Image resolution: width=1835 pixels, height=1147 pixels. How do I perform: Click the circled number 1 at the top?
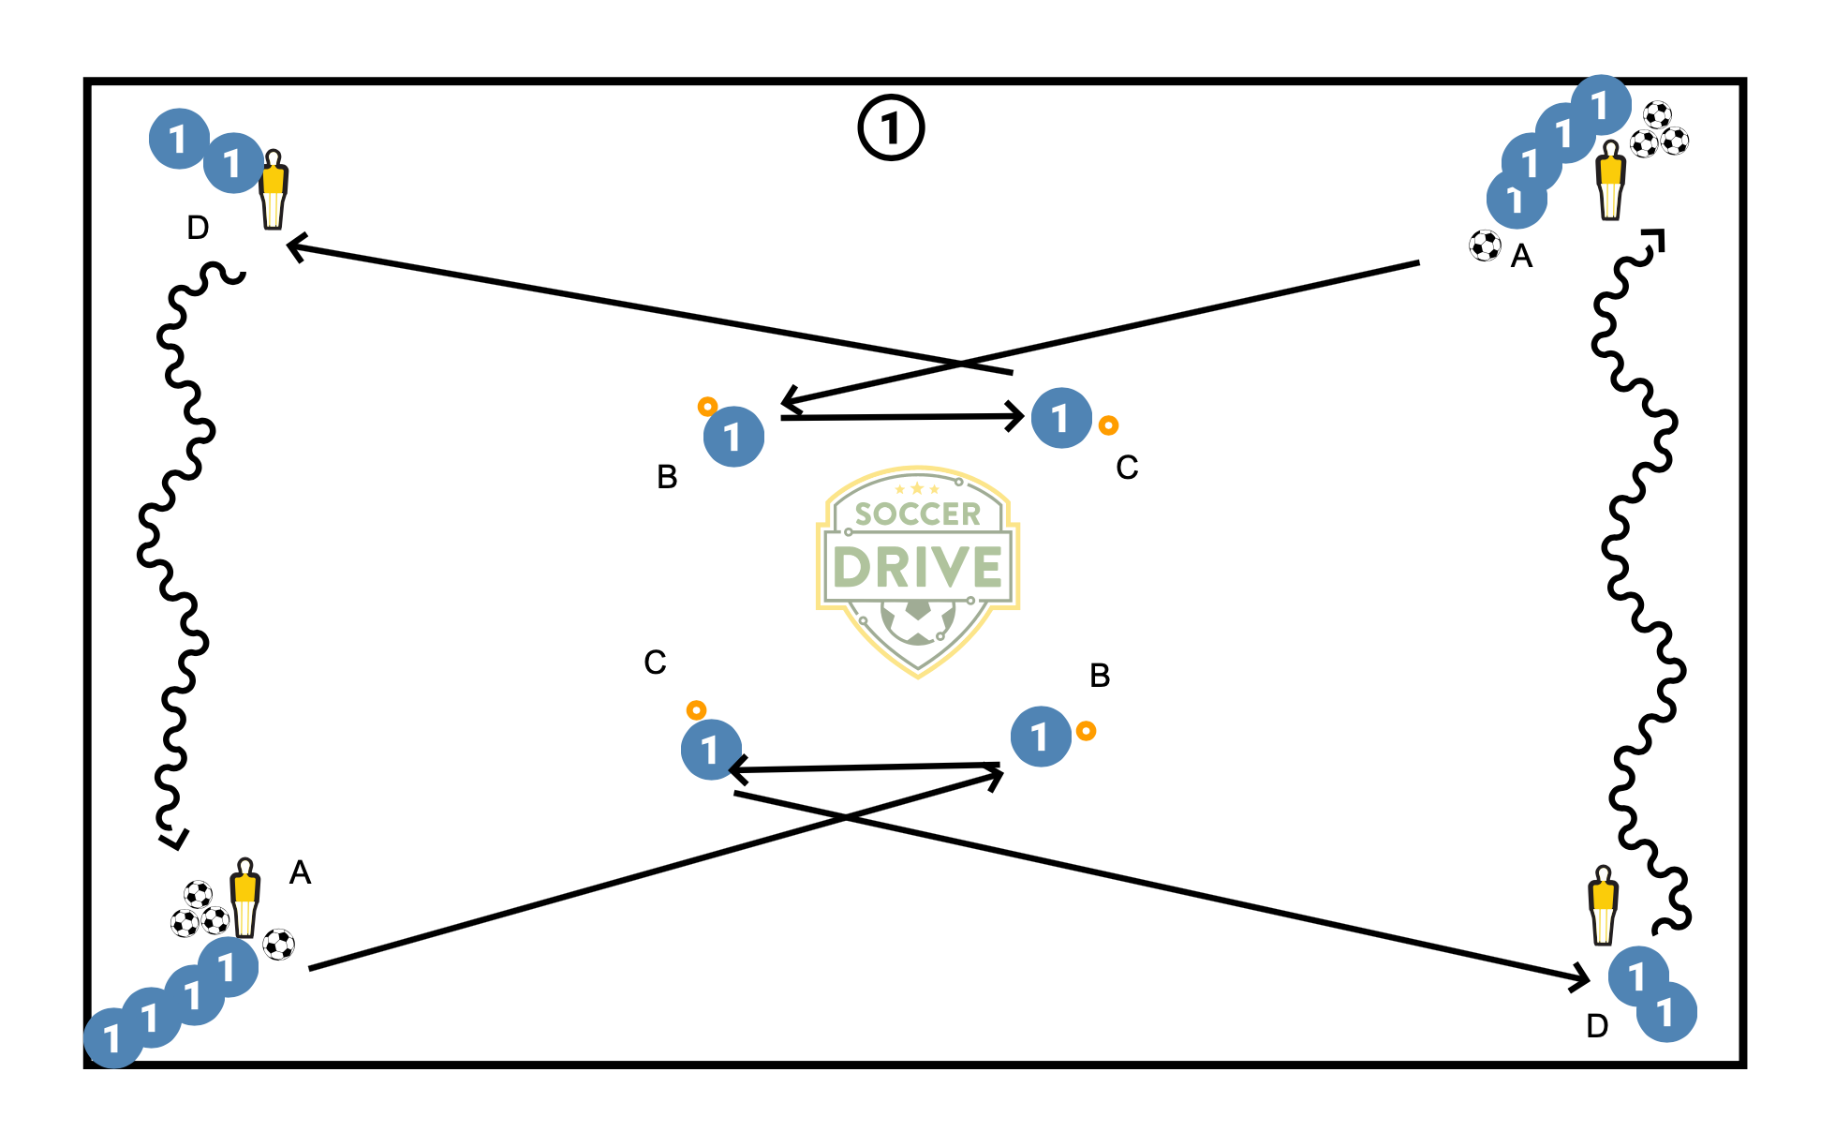pyautogui.click(x=891, y=127)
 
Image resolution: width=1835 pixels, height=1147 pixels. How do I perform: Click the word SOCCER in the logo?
pyautogui.click(x=917, y=514)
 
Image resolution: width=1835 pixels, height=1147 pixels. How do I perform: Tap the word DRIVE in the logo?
pyautogui.click(x=917, y=567)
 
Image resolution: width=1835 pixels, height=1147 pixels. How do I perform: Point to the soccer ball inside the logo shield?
pyautogui.click(x=918, y=621)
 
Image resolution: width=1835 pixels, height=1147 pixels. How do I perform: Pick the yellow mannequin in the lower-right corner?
pyautogui.click(x=1603, y=904)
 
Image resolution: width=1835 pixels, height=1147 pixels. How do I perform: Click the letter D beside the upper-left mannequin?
pyautogui.click(x=198, y=228)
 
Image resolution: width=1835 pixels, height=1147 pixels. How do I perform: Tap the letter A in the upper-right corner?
pyautogui.click(x=1521, y=256)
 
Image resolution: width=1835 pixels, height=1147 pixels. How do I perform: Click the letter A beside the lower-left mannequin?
pyautogui.click(x=300, y=872)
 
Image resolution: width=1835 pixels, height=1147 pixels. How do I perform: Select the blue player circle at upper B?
pyautogui.click(x=733, y=437)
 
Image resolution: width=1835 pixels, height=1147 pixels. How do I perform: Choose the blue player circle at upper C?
pyautogui.click(x=1061, y=418)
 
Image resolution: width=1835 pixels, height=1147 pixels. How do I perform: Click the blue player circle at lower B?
pyautogui.click(x=1041, y=737)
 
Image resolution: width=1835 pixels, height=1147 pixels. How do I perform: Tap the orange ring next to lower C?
pyautogui.click(x=696, y=710)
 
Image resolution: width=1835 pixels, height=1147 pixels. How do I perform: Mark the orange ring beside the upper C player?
pyautogui.click(x=1108, y=425)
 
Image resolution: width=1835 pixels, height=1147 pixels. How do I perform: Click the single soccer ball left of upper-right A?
pyautogui.click(x=1485, y=246)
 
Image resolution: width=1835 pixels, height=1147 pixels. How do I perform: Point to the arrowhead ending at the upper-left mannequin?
pyautogui.click(x=294, y=247)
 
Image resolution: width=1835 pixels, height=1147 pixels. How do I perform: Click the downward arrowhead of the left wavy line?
pyautogui.click(x=173, y=840)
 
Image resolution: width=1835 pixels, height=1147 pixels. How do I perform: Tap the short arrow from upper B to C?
pyautogui.click(x=901, y=417)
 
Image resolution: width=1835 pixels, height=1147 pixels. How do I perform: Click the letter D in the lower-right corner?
pyautogui.click(x=1597, y=1027)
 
